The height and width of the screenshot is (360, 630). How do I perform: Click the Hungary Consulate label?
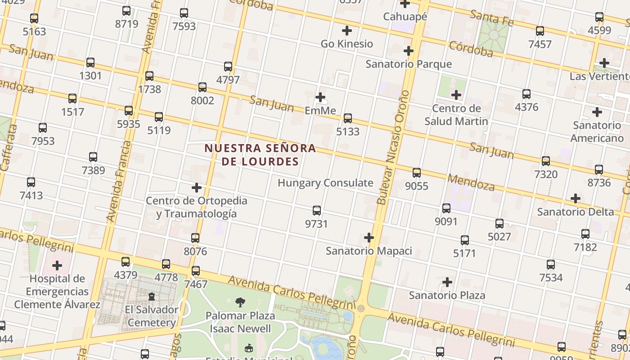325,183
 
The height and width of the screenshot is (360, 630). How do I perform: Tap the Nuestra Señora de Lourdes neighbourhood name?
260,154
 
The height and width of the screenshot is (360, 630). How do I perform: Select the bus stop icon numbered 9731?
317,211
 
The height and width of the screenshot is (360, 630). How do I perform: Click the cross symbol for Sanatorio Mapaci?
369,237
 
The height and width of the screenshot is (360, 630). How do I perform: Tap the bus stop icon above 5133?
348,118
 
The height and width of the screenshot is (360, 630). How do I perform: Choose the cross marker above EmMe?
320,97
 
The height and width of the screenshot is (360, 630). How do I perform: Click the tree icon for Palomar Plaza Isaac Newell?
241,302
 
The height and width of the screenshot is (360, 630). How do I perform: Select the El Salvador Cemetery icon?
152,297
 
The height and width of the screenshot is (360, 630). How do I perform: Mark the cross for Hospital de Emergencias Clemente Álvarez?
57,265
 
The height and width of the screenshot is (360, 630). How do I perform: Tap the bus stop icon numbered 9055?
417,172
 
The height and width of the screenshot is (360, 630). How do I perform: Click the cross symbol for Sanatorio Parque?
409,51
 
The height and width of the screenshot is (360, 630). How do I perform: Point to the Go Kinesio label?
346,44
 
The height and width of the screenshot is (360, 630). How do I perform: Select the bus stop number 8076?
195,251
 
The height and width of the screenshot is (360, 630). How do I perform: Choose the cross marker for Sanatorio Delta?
575,198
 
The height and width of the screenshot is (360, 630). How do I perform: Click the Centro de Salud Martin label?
456,115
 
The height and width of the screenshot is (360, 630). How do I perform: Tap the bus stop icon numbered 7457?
540,31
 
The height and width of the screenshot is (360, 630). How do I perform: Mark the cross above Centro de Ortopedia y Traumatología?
197,188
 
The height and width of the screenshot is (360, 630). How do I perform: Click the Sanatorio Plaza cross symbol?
447,282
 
